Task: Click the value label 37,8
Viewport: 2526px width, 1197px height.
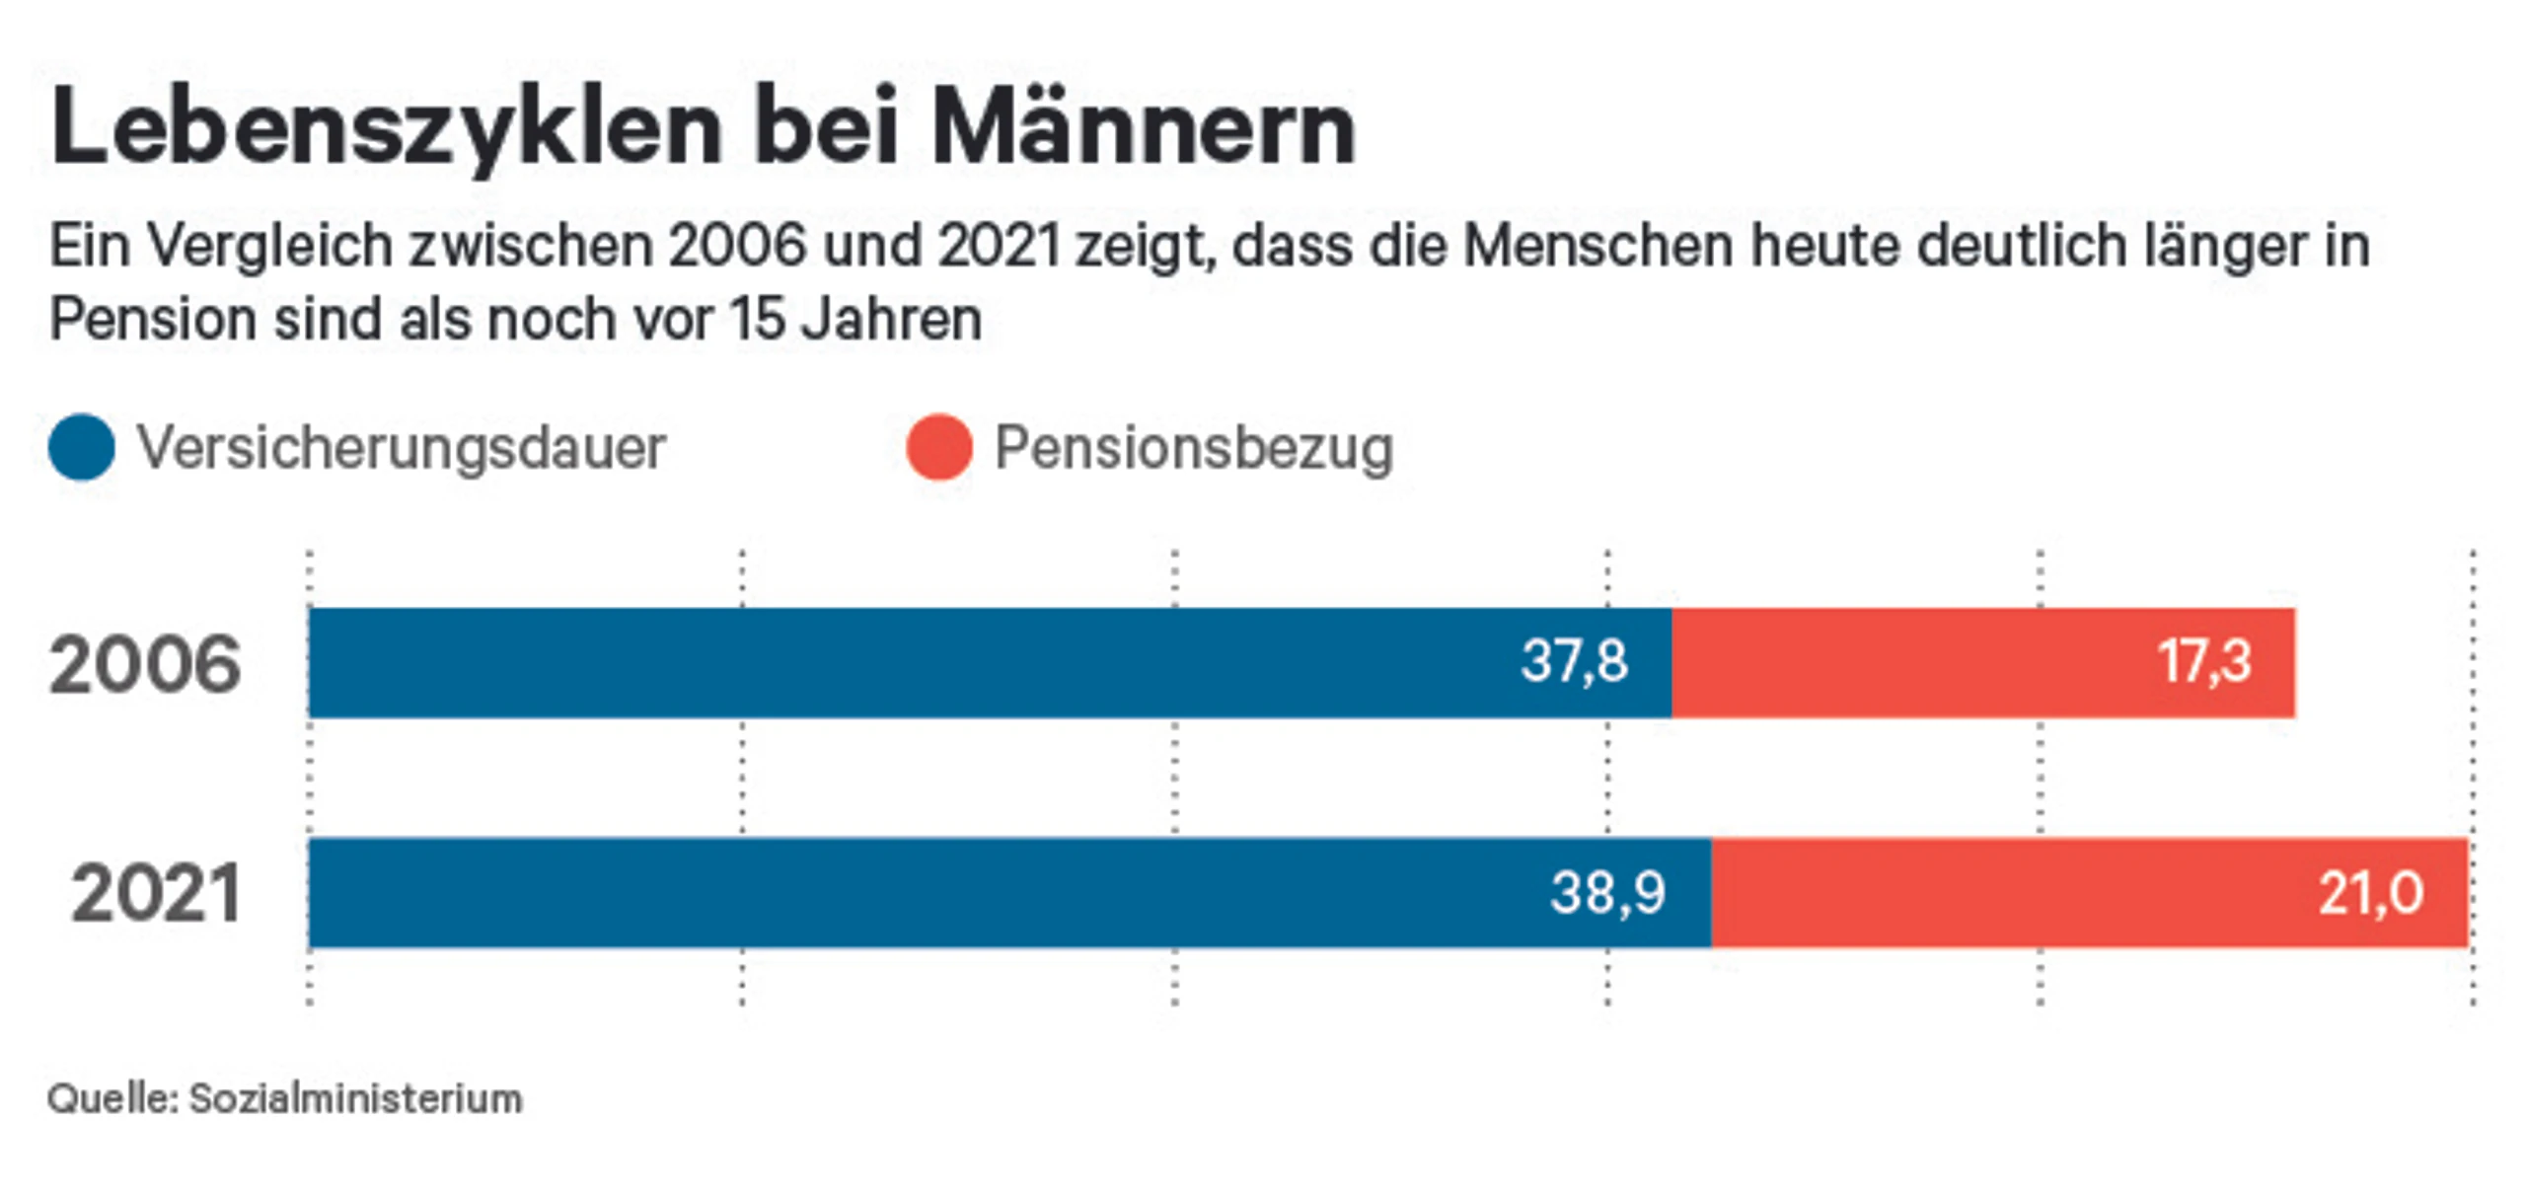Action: coord(1574,661)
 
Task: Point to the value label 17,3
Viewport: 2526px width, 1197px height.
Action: coord(2204,661)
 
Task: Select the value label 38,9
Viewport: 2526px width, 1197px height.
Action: coord(1607,893)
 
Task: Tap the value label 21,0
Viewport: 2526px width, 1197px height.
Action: coord(2370,893)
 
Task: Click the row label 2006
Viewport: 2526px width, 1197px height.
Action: coord(145,664)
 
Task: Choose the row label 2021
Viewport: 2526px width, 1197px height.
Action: coord(156,894)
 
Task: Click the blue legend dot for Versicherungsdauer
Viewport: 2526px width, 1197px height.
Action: coord(82,447)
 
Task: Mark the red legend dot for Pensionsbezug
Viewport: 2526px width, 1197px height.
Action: coord(939,447)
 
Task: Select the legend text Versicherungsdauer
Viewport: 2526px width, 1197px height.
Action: coord(402,448)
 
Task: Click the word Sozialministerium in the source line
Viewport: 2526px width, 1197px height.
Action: coord(355,1098)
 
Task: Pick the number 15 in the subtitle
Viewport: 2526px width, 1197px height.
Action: coord(757,320)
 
